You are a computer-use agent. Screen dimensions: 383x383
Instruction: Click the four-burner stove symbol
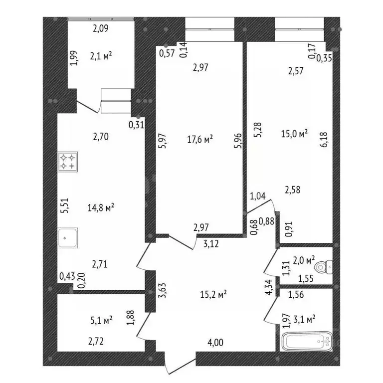(68, 162)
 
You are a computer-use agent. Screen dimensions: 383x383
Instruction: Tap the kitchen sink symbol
(68, 238)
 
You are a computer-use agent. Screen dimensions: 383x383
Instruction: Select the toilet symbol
(324, 267)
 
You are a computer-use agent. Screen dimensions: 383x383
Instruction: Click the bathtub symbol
(307, 341)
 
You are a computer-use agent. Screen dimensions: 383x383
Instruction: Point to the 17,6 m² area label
(200, 139)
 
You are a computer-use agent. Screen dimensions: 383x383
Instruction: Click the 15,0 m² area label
(294, 134)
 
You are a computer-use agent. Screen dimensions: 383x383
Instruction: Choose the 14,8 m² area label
(101, 208)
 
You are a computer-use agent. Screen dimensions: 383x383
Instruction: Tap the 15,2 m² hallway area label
(213, 294)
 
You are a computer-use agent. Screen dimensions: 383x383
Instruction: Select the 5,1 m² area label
(101, 320)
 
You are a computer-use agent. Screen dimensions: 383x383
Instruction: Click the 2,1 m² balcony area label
(101, 56)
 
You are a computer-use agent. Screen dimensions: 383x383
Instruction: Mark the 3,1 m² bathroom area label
(304, 319)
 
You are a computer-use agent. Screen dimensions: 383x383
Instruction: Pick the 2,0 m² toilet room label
(304, 260)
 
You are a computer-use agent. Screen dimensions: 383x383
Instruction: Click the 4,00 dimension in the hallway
(215, 343)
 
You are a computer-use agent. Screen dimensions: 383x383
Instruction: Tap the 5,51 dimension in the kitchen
(65, 205)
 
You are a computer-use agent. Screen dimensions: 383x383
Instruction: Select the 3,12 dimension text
(211, 244)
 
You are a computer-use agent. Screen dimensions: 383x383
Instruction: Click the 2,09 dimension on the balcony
(101, 28)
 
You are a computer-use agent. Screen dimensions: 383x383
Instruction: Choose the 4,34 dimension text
(269, 287)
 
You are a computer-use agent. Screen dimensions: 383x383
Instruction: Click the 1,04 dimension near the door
(257, 196)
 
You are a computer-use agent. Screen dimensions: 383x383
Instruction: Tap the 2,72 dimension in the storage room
(96, 341)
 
